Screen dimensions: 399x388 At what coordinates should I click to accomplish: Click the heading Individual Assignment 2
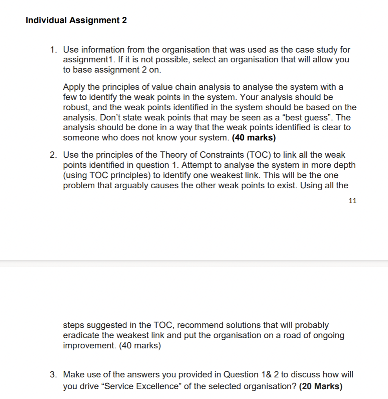(x=76, y=20)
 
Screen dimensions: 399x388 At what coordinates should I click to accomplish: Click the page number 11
(x=352, y=201)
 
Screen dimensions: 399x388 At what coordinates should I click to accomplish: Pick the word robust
(x=75, y=107)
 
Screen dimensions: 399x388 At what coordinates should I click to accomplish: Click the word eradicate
(x=81, y=336)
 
